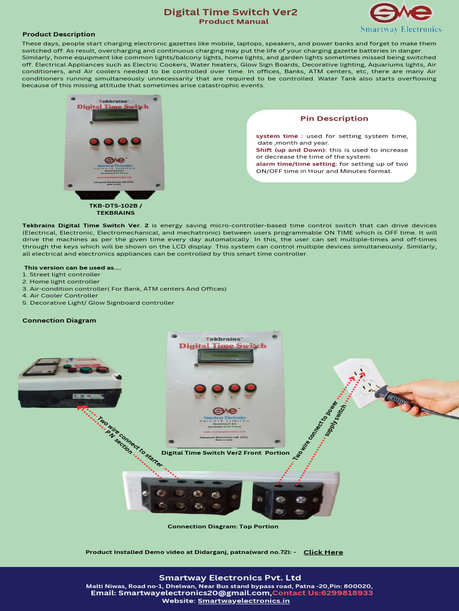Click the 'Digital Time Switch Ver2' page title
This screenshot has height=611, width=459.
(x=231, y=12)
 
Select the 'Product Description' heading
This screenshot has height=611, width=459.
(x=59, y=34)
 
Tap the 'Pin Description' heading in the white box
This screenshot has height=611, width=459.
(x=334, y=118)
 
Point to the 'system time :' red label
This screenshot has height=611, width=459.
(x=280, y=136)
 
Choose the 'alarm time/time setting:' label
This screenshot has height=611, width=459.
(x=296, y=163)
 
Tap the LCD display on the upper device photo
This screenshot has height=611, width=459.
(x=115, y=115)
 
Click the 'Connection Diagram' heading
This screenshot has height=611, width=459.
(x=59, y=320)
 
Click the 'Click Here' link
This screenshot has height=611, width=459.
(x=323, y=552)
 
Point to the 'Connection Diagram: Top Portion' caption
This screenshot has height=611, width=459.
(x=222, y=526)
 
